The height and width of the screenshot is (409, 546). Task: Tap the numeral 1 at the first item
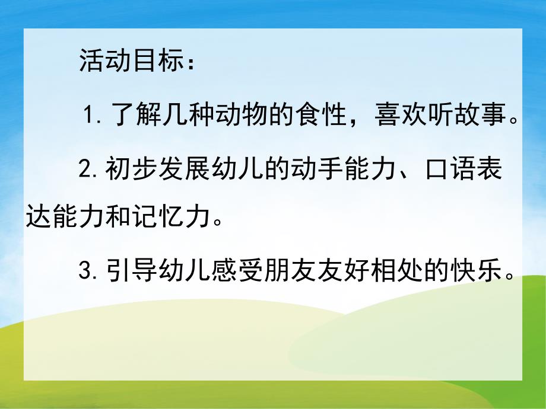[90, 113]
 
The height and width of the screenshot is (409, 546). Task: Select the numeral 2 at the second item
[85, 170]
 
